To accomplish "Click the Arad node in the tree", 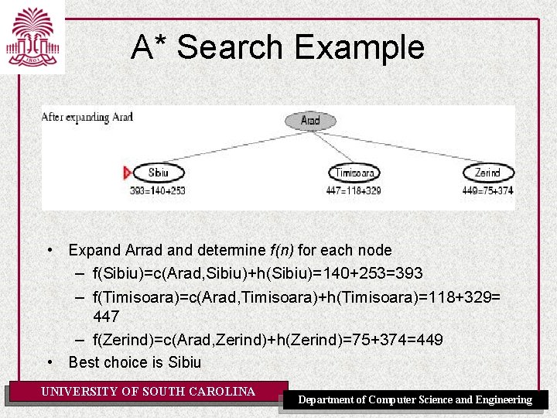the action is click(309, 121).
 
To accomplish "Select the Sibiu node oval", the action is click(158, 173).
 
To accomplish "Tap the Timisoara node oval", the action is click(354, 173).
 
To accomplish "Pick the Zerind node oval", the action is click(487, 173).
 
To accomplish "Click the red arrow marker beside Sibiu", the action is click(128, 173).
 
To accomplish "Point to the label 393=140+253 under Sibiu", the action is click(158, 190).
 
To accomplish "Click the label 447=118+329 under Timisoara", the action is click(354, 190).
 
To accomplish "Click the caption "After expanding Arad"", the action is click(87, 118).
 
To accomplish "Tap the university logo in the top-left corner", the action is click(32, 36).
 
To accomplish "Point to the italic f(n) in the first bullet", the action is click(281, 250).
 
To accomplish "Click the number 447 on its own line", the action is click(106, 317).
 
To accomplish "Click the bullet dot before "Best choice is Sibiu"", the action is click(50, 362).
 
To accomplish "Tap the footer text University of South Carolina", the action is click(148, 392).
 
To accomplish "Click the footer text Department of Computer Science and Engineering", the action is click(415, 399).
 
